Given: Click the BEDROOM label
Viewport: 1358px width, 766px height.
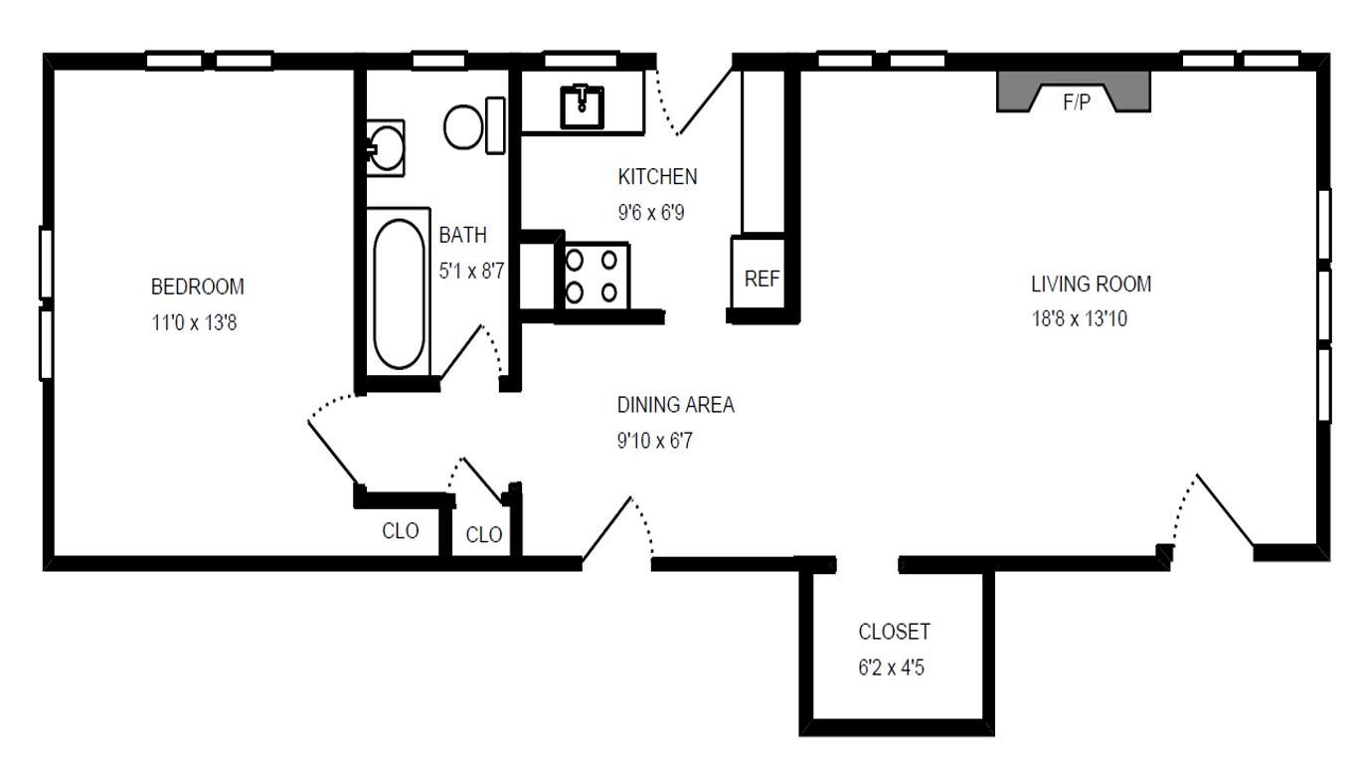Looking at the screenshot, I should [197, 287].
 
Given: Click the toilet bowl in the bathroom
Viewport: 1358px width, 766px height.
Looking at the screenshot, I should [464, 127].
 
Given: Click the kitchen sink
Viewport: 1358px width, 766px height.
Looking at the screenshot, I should [582, 106].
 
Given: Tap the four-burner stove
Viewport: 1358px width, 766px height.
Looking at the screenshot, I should [592, 276].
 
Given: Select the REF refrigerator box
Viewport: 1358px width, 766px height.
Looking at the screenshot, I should [762, 279].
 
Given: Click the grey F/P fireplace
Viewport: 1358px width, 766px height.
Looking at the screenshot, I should [1075, 95].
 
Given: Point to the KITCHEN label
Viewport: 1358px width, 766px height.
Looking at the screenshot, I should [657, 177].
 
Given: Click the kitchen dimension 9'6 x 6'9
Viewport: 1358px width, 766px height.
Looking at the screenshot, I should [651, 213].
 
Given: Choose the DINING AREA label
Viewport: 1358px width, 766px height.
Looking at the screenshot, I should [675, 405].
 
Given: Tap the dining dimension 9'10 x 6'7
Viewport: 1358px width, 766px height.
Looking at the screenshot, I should [653, 441].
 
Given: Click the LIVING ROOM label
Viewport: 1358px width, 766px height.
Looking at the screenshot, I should [1091, 285].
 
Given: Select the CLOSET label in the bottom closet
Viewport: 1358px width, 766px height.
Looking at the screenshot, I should [894, 632].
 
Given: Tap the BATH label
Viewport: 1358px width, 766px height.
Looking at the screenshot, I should [463, 236].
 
